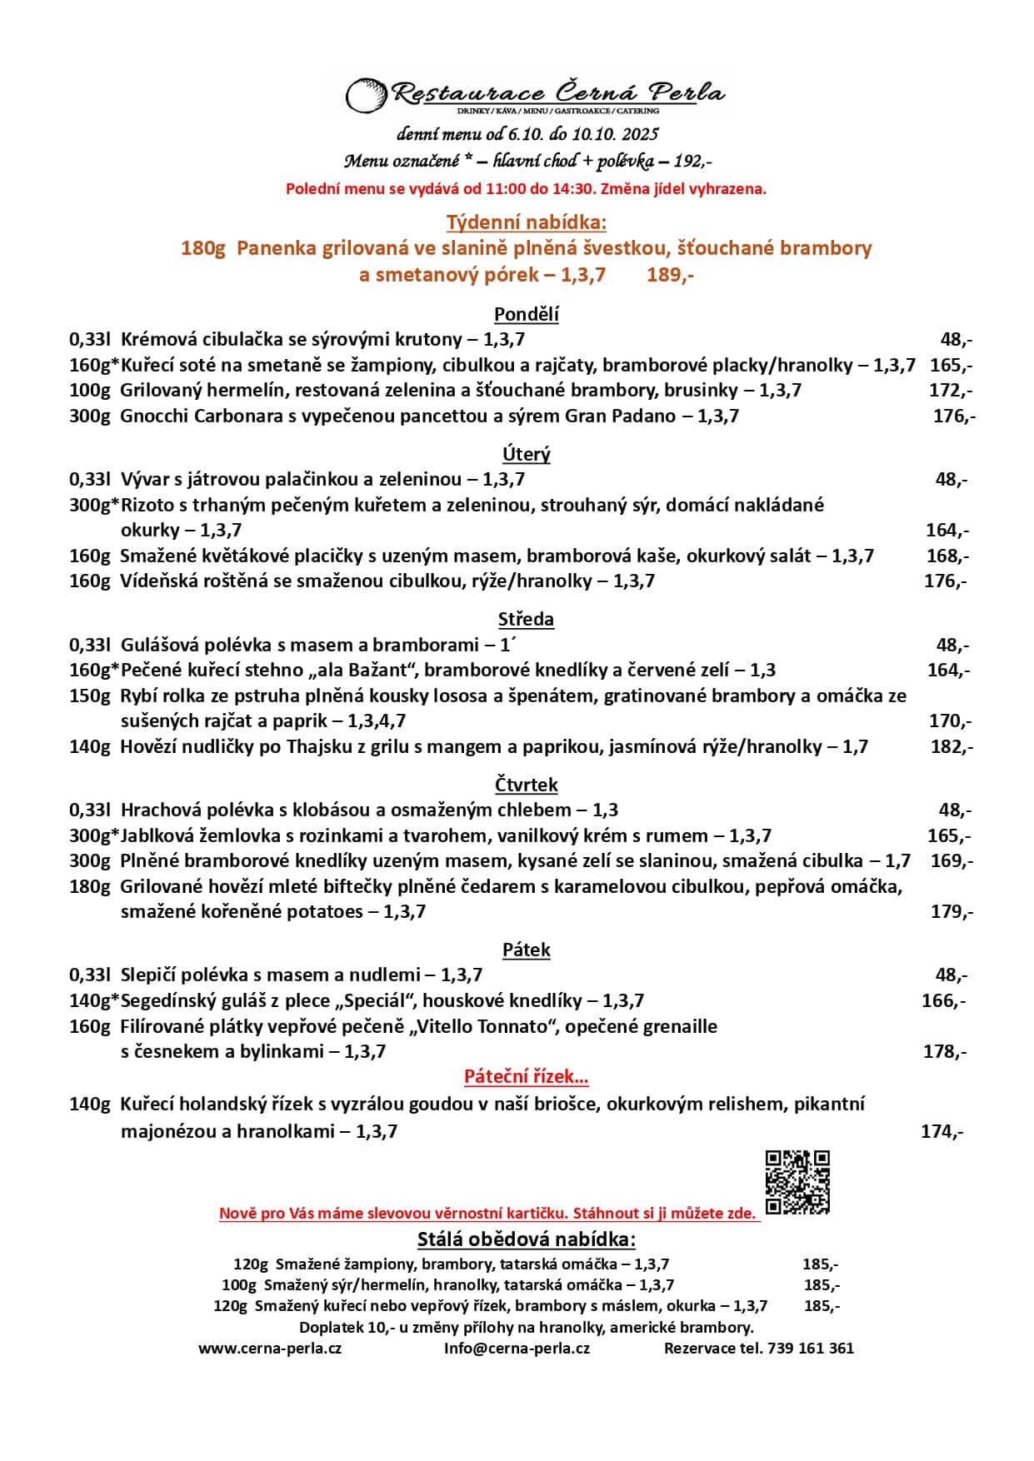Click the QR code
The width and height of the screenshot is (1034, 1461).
click(797, 1181)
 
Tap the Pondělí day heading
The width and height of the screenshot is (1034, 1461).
click(526, 314)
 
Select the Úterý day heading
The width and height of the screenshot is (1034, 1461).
click(526, 454)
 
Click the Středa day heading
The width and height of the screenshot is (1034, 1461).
click(526, 619)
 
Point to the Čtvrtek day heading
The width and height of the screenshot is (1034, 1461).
click(526, 785)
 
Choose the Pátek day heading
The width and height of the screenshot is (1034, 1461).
click(526, 950)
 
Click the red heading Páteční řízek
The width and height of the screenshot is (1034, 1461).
click(526, 1076)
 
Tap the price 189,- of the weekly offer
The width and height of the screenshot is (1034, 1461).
click(670, 274)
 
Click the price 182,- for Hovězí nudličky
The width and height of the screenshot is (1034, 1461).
click(951, 746)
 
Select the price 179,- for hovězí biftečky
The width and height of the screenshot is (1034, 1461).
click(951, 911)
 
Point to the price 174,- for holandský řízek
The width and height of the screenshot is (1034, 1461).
click(942, 1131)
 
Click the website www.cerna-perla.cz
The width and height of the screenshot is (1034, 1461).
click(270, 1348)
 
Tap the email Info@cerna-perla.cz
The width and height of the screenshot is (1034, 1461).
click(517, 1348)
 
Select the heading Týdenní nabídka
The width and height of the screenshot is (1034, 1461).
click(526, 222)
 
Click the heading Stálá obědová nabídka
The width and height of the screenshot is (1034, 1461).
click(526, 1239)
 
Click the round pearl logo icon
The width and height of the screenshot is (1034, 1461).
click(366, 94)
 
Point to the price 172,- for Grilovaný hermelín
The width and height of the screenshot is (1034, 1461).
click(950, 390)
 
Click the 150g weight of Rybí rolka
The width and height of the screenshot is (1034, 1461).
click(89, 696)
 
